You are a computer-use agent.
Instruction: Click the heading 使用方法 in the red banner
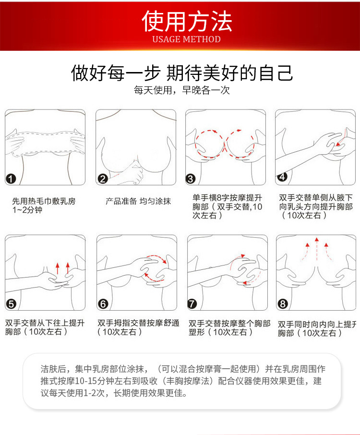[187, 21]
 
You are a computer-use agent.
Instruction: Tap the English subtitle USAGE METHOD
[186, 39]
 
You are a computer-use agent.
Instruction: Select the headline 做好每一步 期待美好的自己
[182, 73]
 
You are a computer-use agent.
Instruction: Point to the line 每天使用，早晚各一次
[182, 90]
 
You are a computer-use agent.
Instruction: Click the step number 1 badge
[11, 179]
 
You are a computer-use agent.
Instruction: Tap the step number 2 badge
[103, 179]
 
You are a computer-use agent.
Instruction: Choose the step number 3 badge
[191, 179]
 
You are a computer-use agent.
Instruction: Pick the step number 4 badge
[282, 176]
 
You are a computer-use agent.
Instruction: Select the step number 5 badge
[11, 304]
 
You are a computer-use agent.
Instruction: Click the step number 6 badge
[103, 304]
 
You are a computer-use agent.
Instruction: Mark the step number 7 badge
[192, 304]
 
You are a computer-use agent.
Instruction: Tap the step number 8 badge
[283, 304]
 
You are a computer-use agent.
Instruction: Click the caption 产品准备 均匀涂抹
[138, 201]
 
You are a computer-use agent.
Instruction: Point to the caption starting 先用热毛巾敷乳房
[44, 205]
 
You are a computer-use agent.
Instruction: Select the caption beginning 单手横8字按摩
[228, 206]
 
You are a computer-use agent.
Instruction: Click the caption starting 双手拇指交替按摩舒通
[138, 327]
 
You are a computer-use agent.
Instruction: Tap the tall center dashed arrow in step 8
[317, 249]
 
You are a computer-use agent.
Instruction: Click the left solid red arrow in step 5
[58, 268]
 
